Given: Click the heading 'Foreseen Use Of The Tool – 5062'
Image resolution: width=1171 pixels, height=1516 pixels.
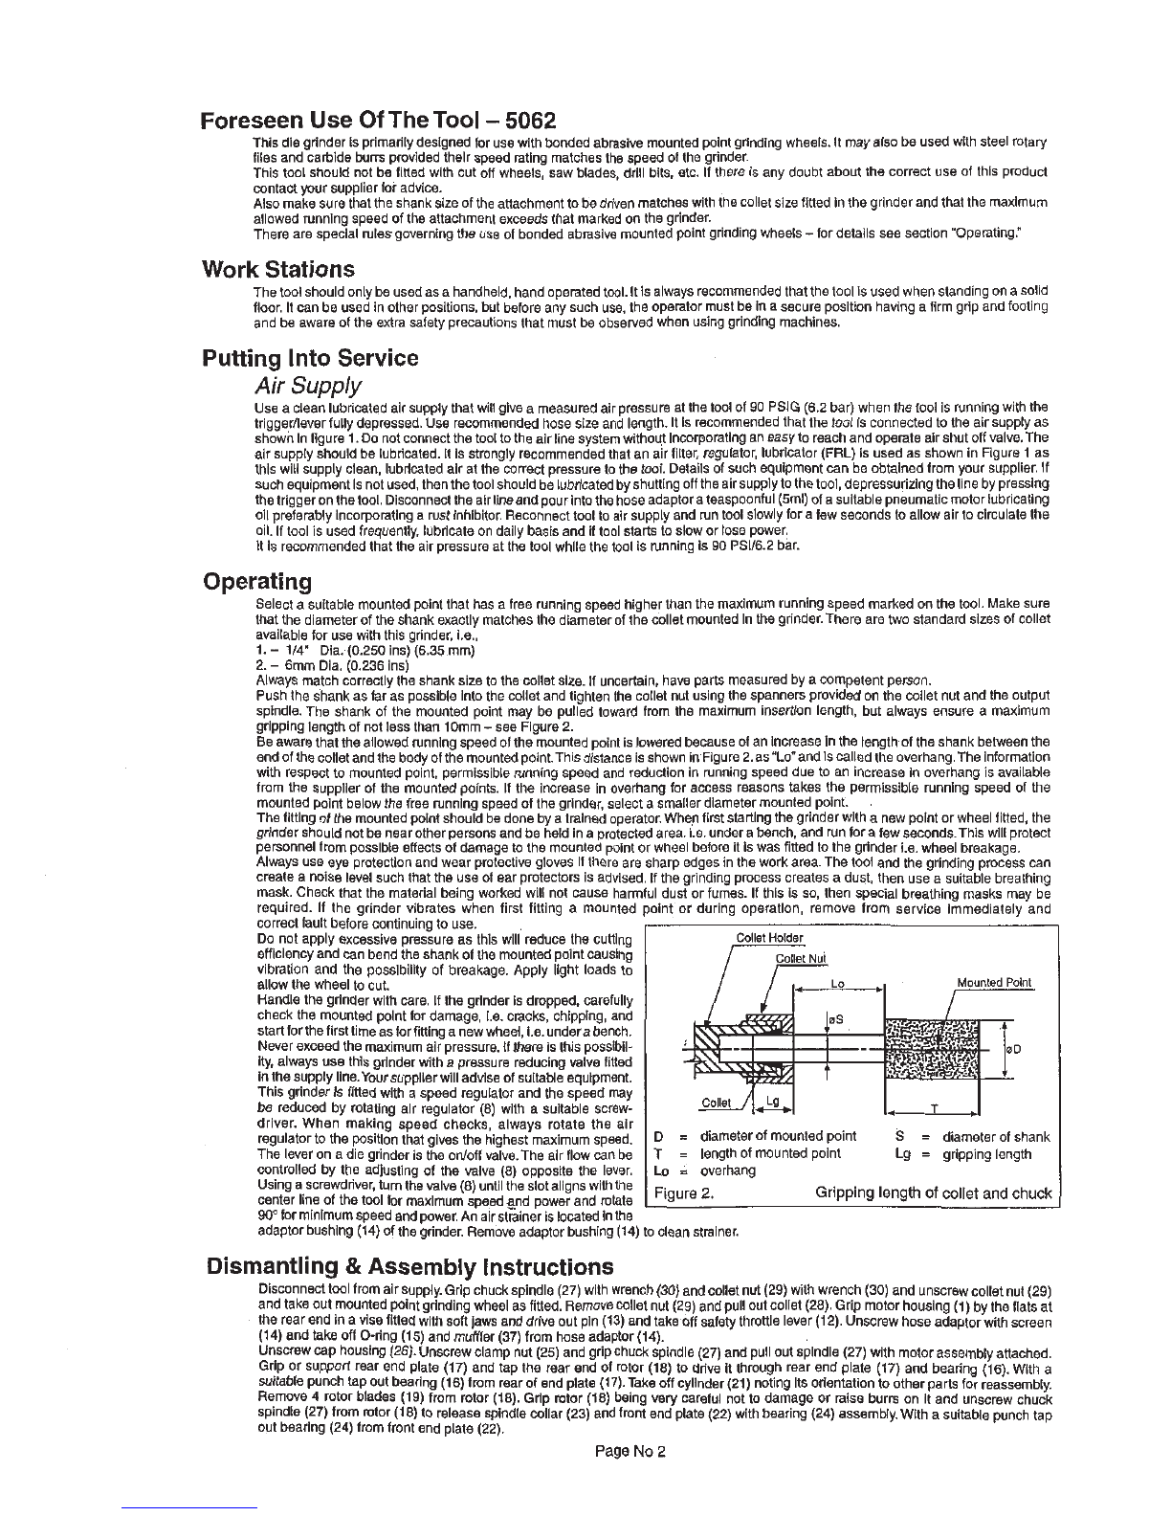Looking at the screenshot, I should click(x=378, y=122).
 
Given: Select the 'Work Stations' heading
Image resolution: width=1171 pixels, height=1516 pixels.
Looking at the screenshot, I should click(x=278, y=269).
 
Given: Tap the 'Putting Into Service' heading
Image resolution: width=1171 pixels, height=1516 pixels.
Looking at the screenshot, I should click(x=310, y=359).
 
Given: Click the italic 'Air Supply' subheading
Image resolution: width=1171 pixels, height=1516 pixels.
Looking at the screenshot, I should click(x=307, y=386).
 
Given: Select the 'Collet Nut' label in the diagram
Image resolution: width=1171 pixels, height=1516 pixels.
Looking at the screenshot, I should click(x=801, y=959).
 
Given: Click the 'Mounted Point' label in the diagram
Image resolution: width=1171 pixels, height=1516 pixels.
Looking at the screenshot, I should click(x=995, y=983).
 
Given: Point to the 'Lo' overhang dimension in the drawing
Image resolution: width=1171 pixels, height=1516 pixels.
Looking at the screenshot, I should click(x=838, y=983).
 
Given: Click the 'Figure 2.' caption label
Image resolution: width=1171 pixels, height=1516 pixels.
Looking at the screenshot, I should click(x=684, y=1193).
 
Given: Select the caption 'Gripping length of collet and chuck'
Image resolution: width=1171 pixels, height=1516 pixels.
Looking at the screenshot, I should click(x=933, y=1193).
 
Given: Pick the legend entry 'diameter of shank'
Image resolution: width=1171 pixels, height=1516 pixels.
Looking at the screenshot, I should click(x=995, y=1137).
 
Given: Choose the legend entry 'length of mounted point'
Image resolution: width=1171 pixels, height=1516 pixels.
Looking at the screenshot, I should click(x=770, y=1154).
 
